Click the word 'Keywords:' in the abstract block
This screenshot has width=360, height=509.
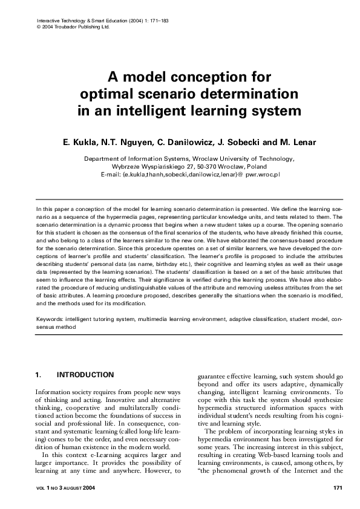pyautogui.click(x=51, y=317)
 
